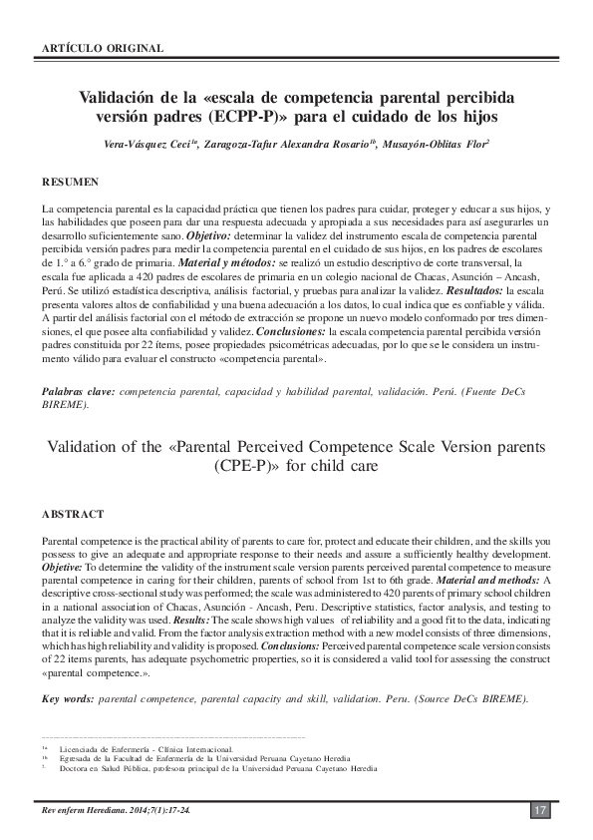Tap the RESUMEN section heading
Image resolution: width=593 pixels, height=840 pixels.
click(x=70, y=183)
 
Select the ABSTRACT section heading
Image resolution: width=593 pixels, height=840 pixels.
click(x=72, y=514)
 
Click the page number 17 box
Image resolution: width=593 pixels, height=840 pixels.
click(x=539, y=810)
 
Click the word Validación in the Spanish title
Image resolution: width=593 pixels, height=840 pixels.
click(x=122, y=99)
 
